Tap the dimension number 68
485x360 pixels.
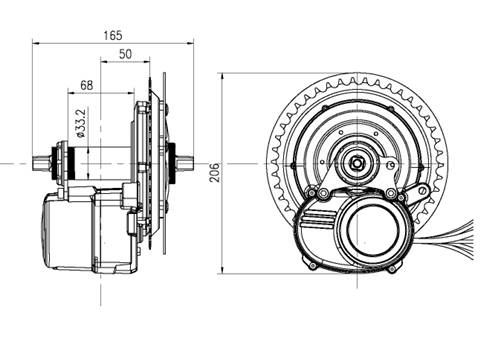[87, 85]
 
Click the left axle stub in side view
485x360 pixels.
[43, 160]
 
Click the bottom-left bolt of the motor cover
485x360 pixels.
[312, 265]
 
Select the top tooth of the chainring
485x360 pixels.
[357, 76]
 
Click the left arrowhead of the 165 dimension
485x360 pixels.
[36, 42]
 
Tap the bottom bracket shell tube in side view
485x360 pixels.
[100, 160]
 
